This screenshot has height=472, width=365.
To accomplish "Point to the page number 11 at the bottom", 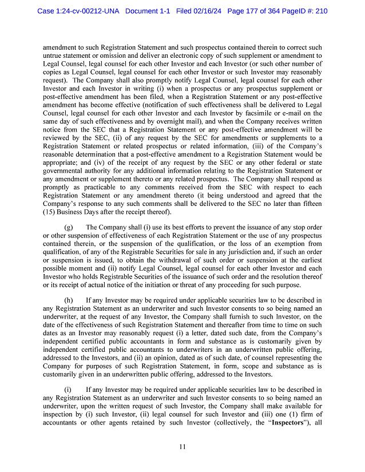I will [182, 447].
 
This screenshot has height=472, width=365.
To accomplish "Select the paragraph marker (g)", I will [69, 227].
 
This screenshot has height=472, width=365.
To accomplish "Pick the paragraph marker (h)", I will [69, 299].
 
